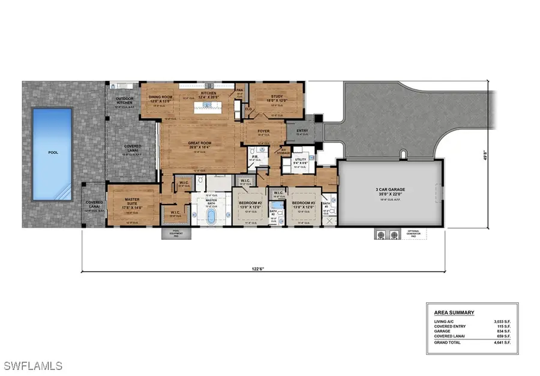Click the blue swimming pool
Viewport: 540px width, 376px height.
coord(52,154)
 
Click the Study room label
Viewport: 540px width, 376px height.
coord(276,98)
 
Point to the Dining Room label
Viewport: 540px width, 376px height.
coord(160,99)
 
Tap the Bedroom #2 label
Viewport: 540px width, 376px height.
coord(251,205)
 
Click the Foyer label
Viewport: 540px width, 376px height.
coord(263,131)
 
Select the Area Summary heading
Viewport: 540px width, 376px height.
coord(454,312)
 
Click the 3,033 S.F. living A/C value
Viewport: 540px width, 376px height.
coord(502,321)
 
